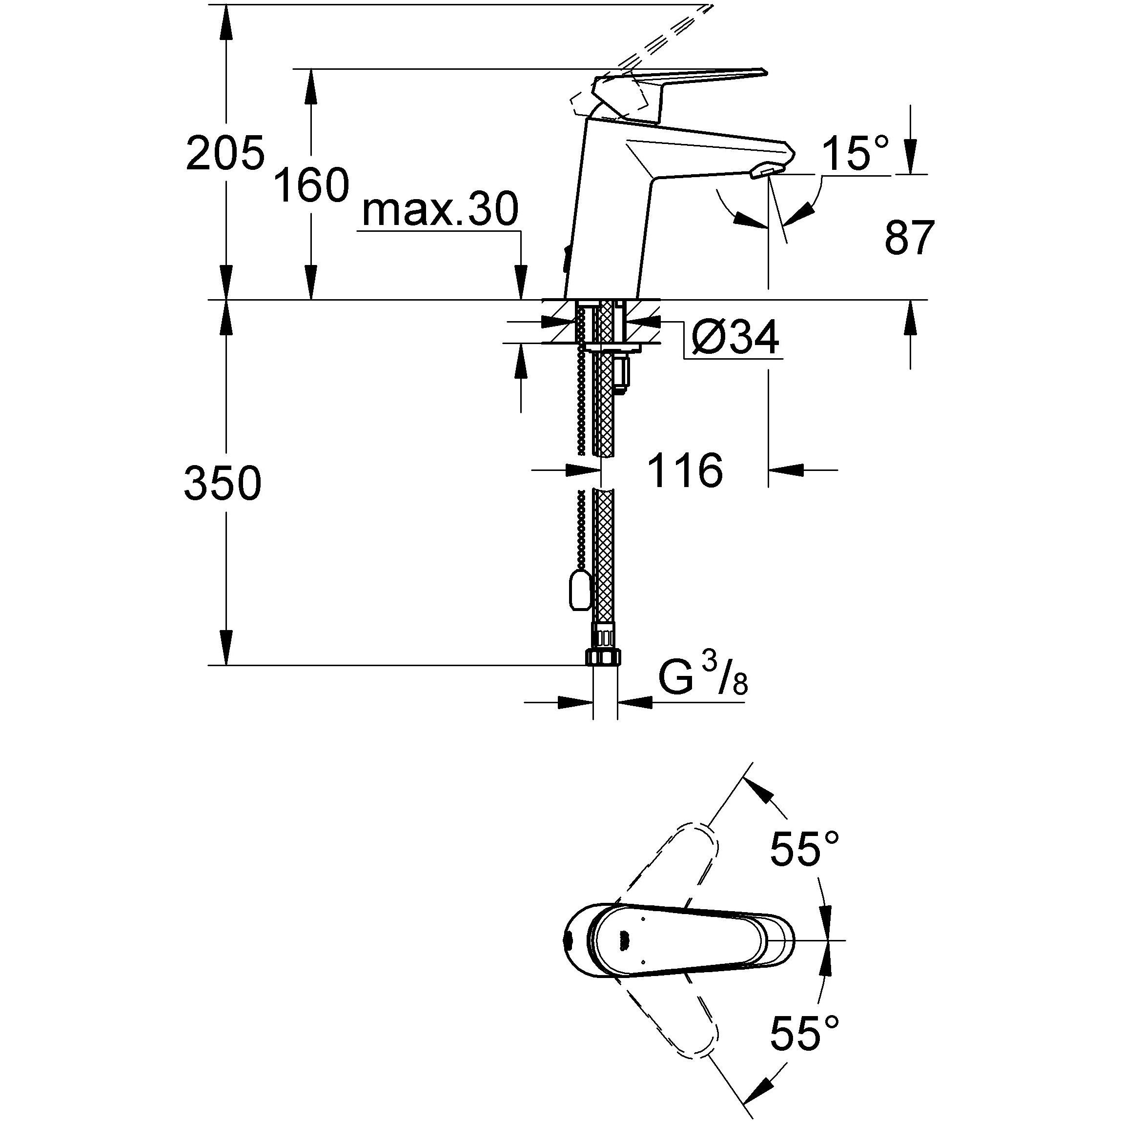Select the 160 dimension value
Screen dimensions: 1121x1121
(x=311, y=185)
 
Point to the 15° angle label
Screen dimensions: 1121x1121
(x=855, y=154)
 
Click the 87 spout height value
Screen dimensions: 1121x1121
(x=909, y=238)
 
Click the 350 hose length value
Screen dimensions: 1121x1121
(x=223, y=483)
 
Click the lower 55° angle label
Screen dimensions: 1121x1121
(x=804, y=1033)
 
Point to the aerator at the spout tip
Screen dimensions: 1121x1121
(x=767, y=171)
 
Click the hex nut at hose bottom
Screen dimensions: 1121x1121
(x=604, y=657)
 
